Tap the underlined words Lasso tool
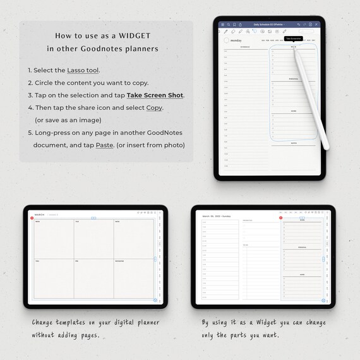[83, 70]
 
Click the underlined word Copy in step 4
[153, 107]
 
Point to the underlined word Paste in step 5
[105, 145]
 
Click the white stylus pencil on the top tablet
[309, 95]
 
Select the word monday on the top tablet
[236, 40]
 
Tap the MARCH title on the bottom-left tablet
[40, 215]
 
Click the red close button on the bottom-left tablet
[32, 219]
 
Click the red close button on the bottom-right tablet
[281, 218]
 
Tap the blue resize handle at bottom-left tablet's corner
[155, 301]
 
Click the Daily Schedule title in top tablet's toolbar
[268, 25]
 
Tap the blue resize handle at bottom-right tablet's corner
[323, 300]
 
